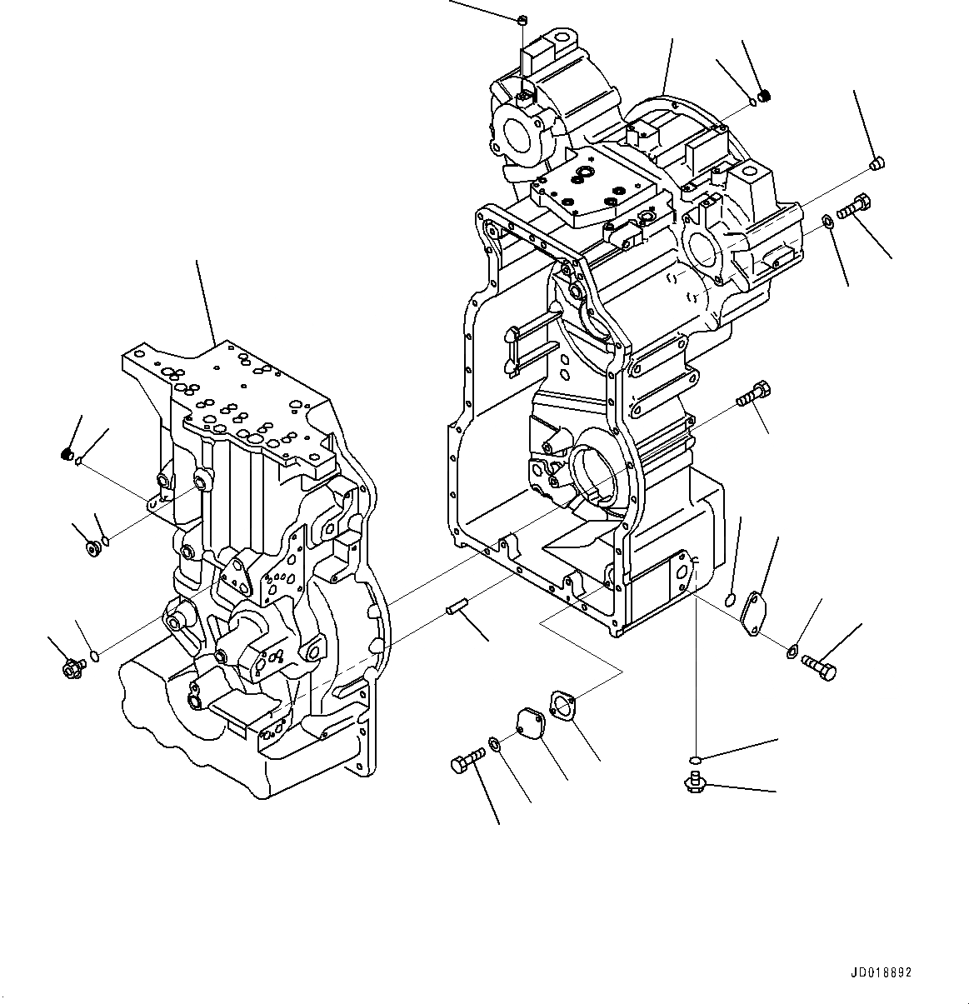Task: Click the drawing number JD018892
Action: click(882, 972)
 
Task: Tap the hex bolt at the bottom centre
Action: click(466, 761)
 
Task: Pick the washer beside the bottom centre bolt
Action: click(494, 743)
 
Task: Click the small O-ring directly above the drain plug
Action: click(695, 758)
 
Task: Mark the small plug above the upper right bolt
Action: click(876, 163)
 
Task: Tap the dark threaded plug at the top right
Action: click(766, 96)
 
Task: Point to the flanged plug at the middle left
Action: click(94, 547)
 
